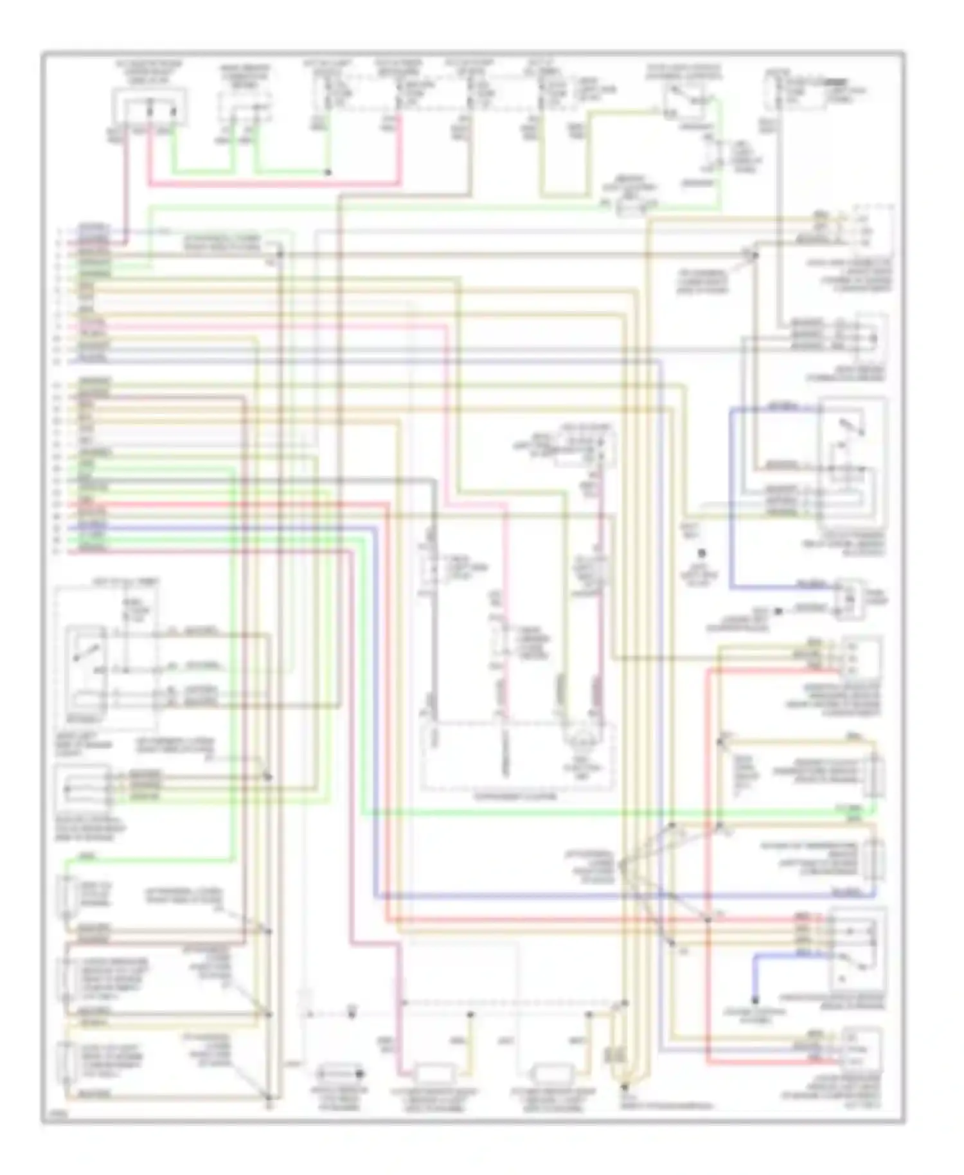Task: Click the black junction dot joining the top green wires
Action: tap(327, 172)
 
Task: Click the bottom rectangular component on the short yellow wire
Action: tap(551, 1073)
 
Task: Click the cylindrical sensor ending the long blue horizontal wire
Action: tap(877, 860)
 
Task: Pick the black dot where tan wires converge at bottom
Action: tap(623, 1088)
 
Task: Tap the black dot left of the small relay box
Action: tap(778, 611)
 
